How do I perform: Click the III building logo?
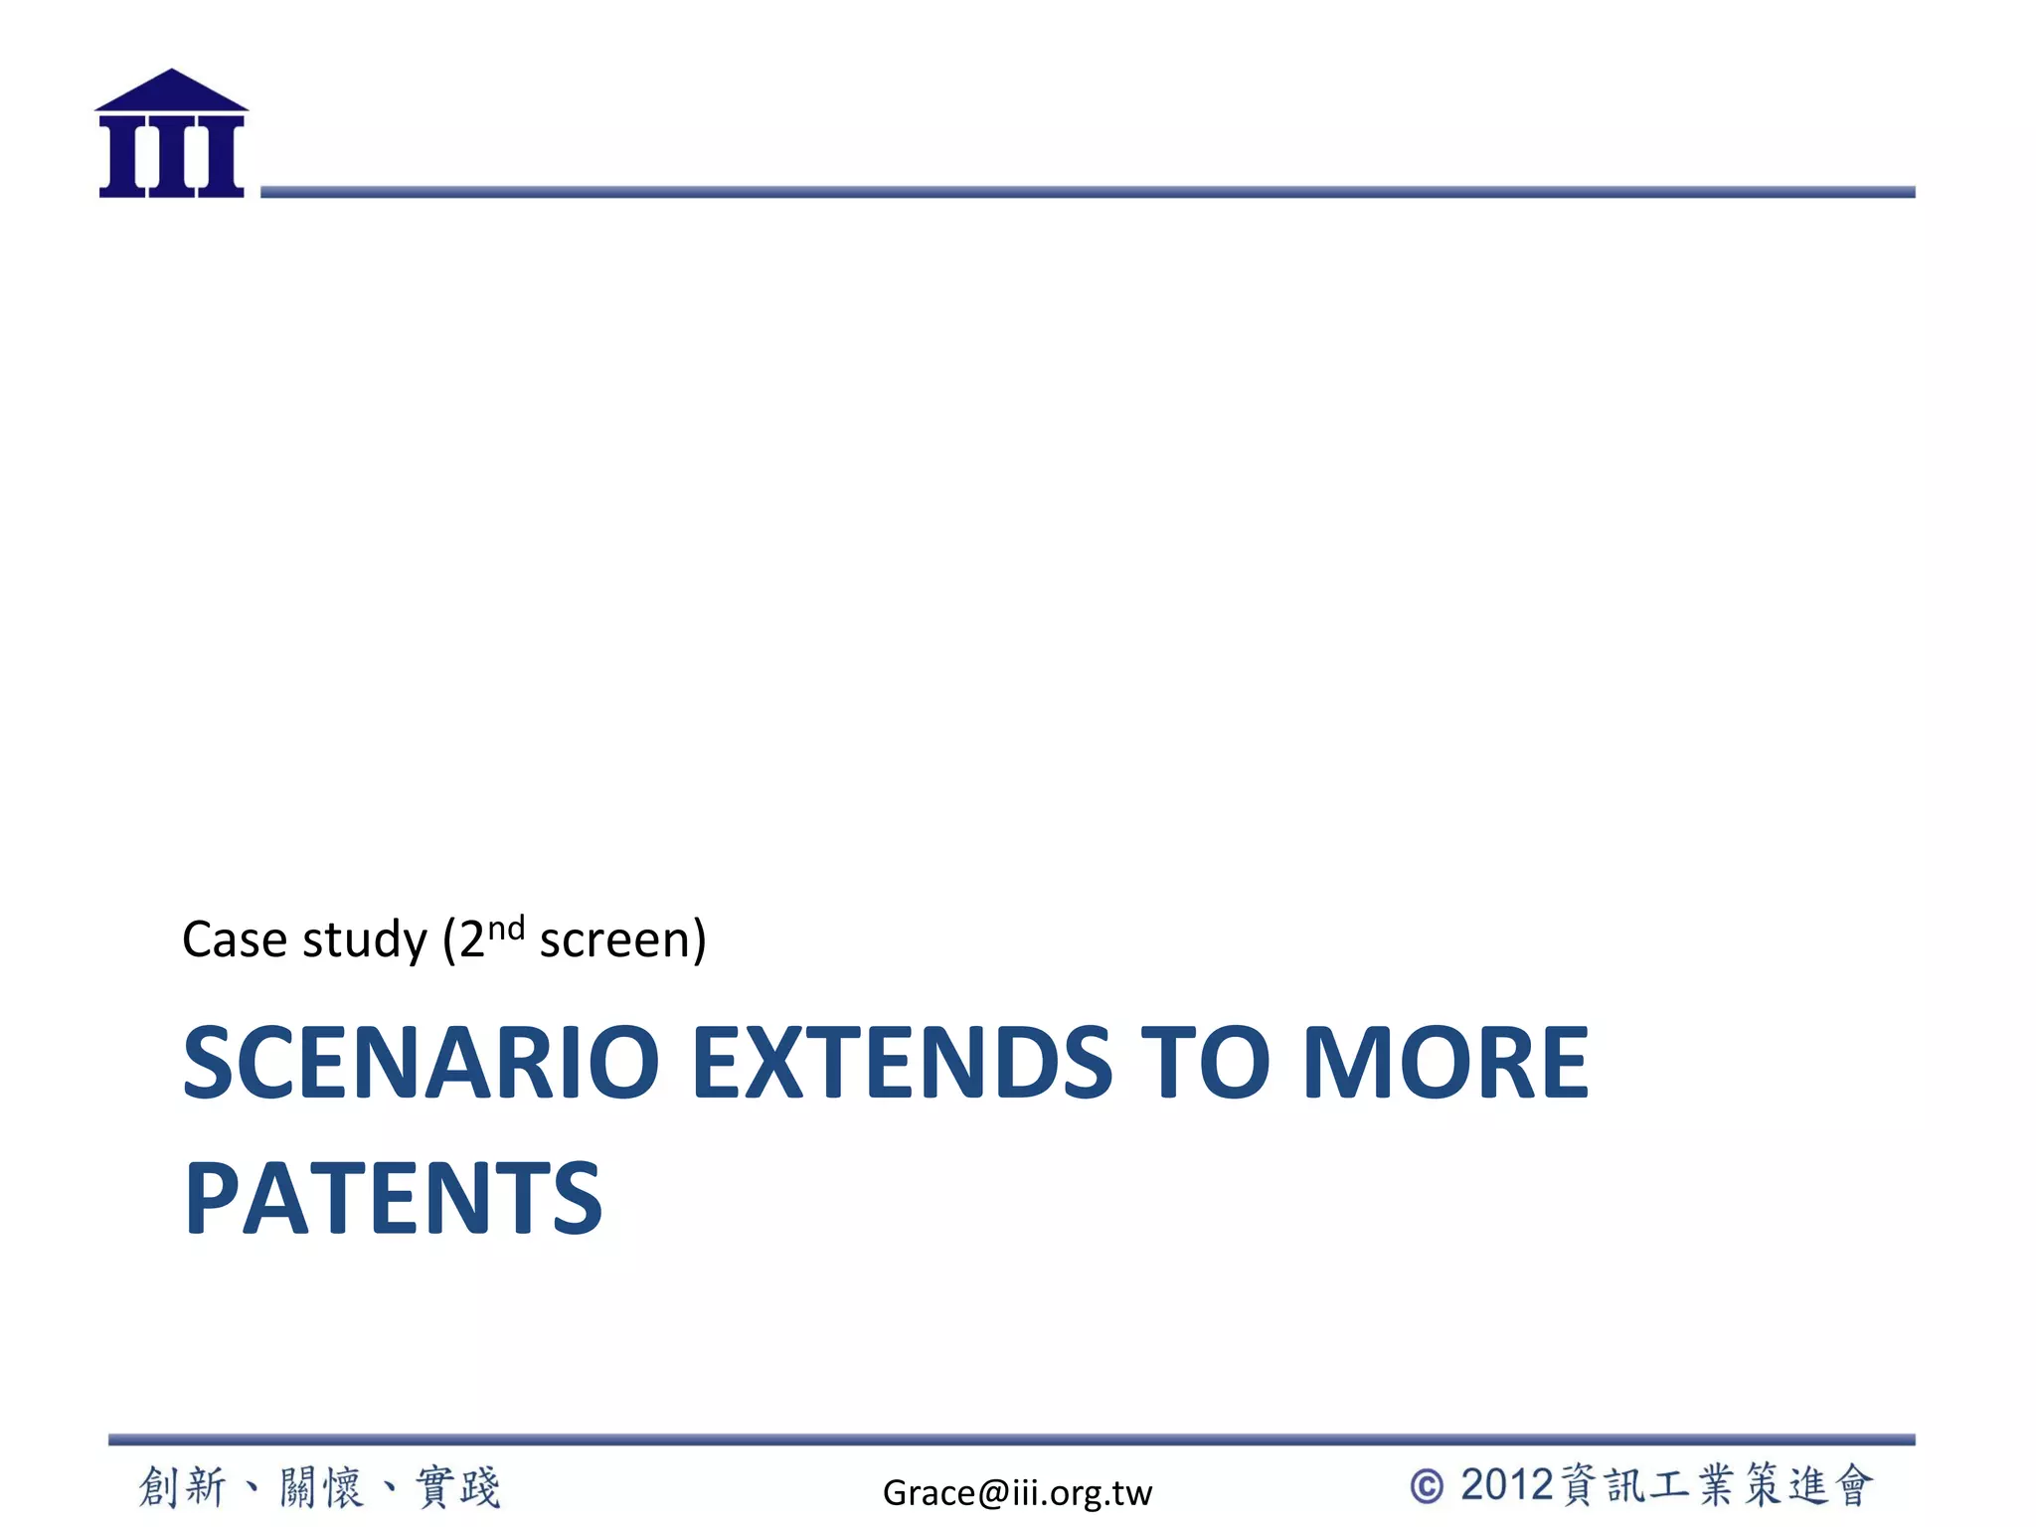click(x=171, y=135)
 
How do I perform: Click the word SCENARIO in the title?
click(x=421, y=1063)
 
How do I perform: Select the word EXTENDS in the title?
click(x=902, y=1063)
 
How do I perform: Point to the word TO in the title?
click(x=1205, y=1063)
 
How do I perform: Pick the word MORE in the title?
click(x=1445, y=1063)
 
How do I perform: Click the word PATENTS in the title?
click(x=394, y=1198)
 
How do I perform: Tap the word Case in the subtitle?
click(x=235, y=939)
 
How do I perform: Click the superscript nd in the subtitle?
click(x=506, y=928)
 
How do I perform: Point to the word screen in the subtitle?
click(x=616, y=940)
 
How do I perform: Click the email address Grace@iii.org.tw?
click(x=1017, y=1492)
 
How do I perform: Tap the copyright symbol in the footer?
click(x=1427, y=1487)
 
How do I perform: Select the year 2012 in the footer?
click(x=1507, y=1485)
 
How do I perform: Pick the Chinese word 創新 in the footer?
click(x=183, y=1487)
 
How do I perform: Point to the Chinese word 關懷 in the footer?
click(x=320, y=1487)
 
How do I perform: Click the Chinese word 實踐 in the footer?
click(x=458, y=1487)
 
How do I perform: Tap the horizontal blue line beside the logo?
click(x=1088, y=192)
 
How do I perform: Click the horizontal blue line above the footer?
click(x=1011, y=1440)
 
